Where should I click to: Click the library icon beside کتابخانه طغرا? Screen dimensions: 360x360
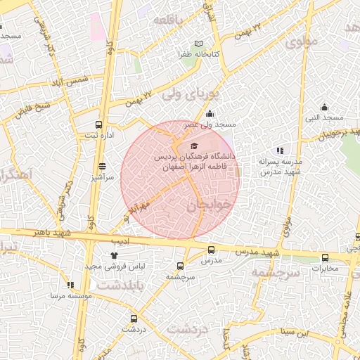coord(200,44)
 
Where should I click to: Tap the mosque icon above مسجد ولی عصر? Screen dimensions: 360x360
coord(209,115)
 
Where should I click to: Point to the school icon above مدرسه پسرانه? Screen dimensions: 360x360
coord(280,150)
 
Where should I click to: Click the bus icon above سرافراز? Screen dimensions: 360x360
coord(103,167)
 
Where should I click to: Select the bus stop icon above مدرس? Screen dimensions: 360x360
coord(211,250)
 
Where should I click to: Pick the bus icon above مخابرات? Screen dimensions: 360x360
coord(325,258)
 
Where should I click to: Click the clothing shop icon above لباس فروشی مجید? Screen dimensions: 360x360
coord(115,256)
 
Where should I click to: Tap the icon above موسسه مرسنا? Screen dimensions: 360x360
coord(70,285)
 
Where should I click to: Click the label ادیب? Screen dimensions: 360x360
coord(123,240)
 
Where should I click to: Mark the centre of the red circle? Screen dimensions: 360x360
coord(180,179)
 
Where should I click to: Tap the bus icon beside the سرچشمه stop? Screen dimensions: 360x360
coord(181,266)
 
